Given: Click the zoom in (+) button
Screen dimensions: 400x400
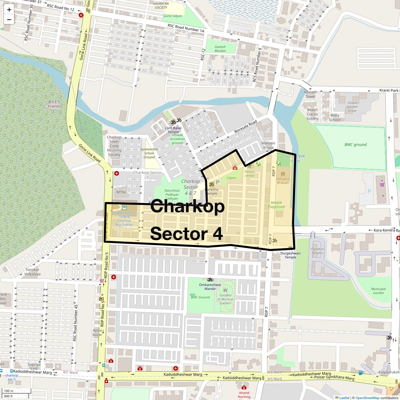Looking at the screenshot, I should [x=9, y=10].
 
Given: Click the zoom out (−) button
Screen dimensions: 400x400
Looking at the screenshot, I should [x=9, y=20].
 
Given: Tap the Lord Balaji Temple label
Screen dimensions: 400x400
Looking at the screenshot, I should [x=173, y=130].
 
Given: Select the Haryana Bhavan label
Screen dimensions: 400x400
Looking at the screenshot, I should [x=283, y=181].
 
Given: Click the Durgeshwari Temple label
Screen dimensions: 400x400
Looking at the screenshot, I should [x=290, y=255].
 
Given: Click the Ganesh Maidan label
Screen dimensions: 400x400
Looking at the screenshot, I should [x=220, y=49].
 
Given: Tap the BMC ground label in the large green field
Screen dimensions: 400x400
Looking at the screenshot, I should [x=355, y=145].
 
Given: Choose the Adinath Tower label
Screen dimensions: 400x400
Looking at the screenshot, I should [x=310, y=94].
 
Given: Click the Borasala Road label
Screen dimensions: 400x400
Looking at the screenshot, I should [x=246, y=127].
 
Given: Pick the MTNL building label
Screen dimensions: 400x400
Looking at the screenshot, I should [x=121, y=192].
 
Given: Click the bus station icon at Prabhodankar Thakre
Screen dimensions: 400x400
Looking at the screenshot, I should [x=124, y=208].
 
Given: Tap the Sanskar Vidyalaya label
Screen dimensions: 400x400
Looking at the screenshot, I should [x=32, y=272].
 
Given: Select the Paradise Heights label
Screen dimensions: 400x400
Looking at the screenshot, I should [x=317, y=251].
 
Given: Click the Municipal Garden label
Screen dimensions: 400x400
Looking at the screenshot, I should [x=378, y=291].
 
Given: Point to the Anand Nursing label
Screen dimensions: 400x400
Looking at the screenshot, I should [x=244, y=395].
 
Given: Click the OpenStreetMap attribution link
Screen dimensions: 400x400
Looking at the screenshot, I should [x=367, y=398].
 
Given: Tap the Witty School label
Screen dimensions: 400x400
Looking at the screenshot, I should [x=335, y=118].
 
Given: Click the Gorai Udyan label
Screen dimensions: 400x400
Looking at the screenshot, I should [x=173, y=16].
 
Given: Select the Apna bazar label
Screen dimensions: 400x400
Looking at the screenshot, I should [x=97, y=332].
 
